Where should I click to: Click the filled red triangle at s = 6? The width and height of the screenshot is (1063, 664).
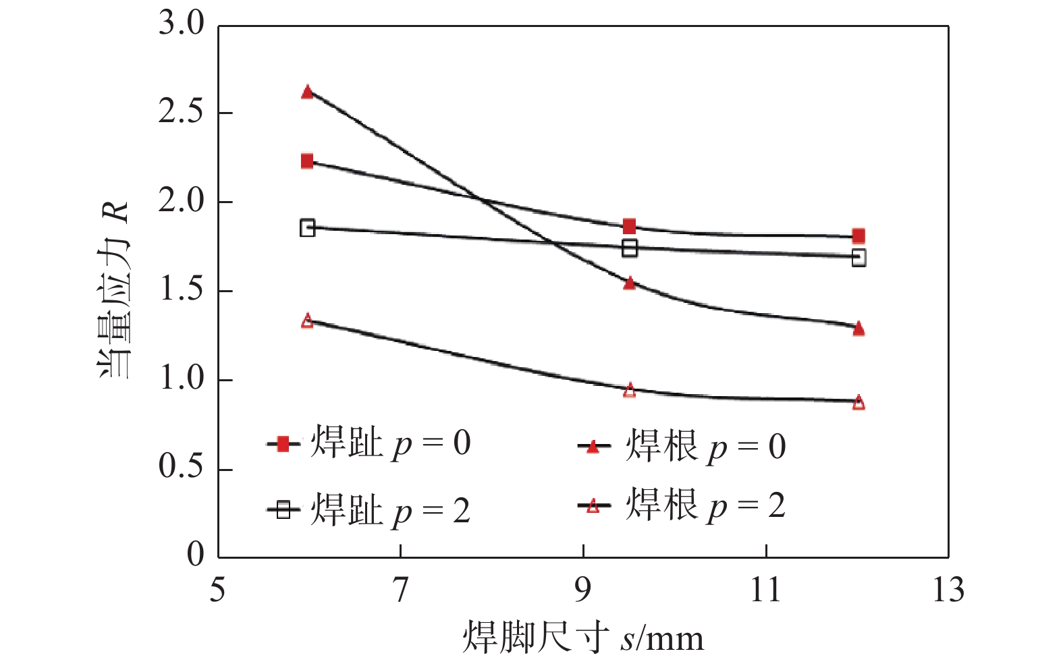pyautogui.click(x=308, y=92)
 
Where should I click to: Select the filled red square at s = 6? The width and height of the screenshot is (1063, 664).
pyautogui.click(x=308, y=161)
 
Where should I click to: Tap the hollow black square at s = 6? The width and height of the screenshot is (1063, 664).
pyautogui.click(x=308, y=227)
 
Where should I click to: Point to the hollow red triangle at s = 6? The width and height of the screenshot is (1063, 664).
pyautogui.click(x=308, y=321)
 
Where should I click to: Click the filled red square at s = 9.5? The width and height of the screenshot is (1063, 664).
pyautogui.click(x=629, y=226)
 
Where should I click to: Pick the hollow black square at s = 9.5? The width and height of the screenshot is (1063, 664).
pyautogui.click(x=629, y=248)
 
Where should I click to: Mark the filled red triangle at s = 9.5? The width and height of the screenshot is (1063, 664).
pyautogui.click(x=629, y=283)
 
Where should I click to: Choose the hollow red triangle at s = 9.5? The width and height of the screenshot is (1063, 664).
pyautogui.click(x=629, y=390)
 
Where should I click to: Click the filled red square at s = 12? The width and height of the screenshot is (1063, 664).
pyautogui.click(x=858, y=236)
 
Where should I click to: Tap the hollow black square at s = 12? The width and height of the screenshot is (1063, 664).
pyautogui.click(x=858, y=257)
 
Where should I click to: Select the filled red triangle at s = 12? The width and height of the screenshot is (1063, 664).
pyautogui.click(x=858, y=329)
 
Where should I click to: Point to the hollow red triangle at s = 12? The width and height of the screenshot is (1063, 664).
pyautogui.click(x=858, y=402)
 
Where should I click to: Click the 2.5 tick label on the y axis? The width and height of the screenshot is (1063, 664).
pyautogui.click(x=181, y=113)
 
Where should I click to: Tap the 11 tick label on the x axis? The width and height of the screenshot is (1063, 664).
pyautogui.click(x=766, y=590)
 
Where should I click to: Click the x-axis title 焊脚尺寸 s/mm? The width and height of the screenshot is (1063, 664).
pyautogui.click(x=582, y=638)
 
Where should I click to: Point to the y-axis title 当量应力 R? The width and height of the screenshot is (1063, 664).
pyautogui.click(x=113, y=290)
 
